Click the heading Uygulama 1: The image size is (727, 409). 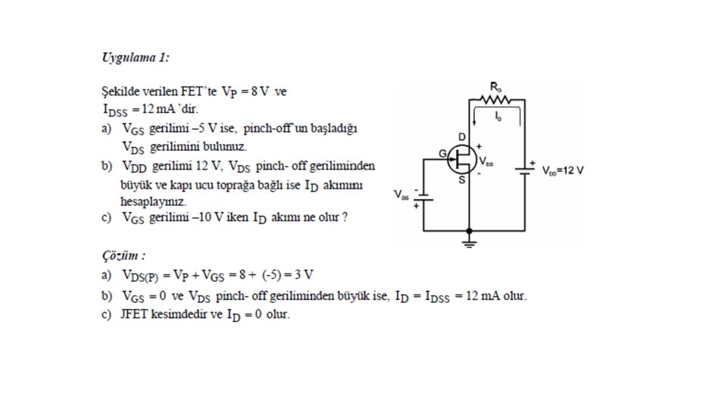[136, 58]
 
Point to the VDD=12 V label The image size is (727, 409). [563, 170]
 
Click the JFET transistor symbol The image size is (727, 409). [461, 158]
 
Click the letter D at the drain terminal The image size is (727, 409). [461, 136]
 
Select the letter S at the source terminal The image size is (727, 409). [461, 180]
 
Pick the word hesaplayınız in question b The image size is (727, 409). [153, 201]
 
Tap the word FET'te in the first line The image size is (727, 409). [200, 92]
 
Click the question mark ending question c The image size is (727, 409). [345, 218]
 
